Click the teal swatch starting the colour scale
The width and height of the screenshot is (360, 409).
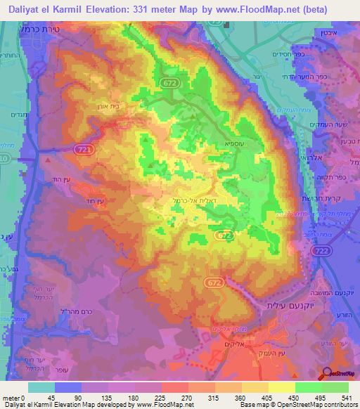click(x=41, y=387)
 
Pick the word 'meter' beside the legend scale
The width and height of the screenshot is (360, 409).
click(x=11, y=397)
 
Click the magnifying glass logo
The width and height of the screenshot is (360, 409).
click(x=328, y=373)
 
